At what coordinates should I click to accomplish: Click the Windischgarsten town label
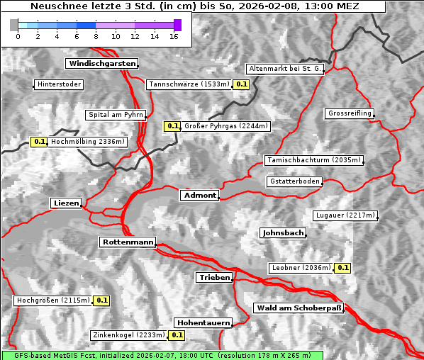click(x=101, y=64)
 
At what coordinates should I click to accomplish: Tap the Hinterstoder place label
click(x=59, y=84)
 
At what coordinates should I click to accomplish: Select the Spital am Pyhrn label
click(x=116, y=115)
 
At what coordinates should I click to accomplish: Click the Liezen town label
click(x=67, y=203)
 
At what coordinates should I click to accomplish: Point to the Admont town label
click(x=199, y=196)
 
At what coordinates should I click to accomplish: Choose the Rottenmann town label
click(x=128, y=242)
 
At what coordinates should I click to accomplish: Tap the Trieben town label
click(x=214, y=278)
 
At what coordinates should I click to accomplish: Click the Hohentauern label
click(x=203, y=322)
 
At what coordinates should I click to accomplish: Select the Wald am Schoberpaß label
click(x=298, y=308)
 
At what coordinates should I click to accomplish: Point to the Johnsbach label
click(x=283, y=233)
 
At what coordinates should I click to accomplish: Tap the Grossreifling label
click(x=350, y=113)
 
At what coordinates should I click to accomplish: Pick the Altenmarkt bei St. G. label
click(x=285, y=69)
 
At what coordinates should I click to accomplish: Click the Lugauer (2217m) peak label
click(x=345, y=215)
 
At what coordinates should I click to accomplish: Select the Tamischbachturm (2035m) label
click(x=313, y=160)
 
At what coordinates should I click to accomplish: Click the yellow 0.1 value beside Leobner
click(x=342, y=268)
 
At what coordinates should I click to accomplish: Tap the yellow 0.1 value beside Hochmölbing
click(x=39, y=142)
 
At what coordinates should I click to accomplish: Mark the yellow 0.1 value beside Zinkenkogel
click(x=177, y=335)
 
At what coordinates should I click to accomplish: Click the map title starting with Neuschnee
click(x=194, y=6)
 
